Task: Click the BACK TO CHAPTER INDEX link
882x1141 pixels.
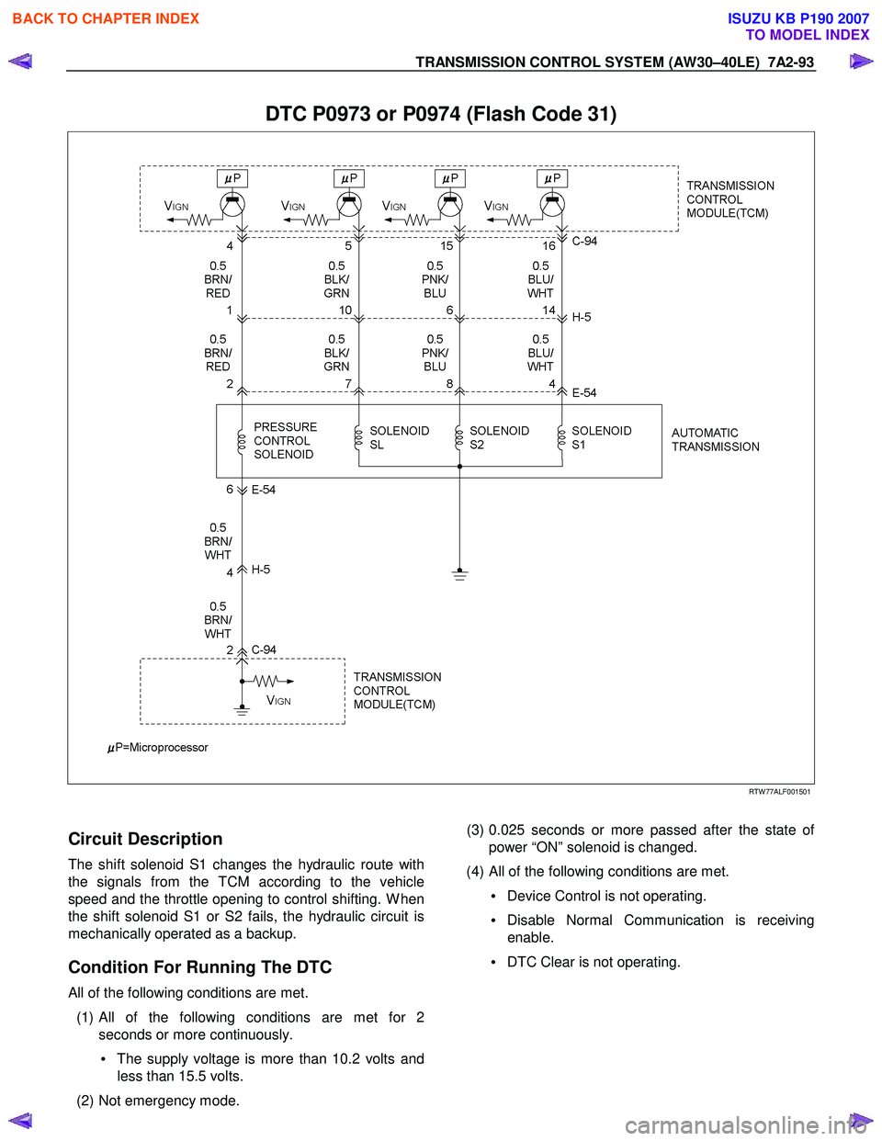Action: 106,19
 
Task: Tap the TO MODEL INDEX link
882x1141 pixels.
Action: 808,35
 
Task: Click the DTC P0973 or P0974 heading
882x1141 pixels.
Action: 441,114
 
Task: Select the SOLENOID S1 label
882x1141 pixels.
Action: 601,437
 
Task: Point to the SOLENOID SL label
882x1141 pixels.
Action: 400,437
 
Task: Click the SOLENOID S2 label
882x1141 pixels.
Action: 499,437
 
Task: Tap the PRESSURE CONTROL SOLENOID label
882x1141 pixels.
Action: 286,441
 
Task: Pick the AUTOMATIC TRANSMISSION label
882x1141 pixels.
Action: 716,439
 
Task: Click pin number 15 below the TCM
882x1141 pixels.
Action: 447,245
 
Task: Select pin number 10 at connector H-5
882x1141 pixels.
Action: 345,311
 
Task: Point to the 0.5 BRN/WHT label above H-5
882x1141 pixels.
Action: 218,541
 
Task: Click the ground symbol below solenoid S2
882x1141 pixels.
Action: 459,574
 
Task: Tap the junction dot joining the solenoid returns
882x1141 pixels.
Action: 459,467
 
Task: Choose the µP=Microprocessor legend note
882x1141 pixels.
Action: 157,747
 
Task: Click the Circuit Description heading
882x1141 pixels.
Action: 145,839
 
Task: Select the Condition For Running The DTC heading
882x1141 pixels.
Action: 200,966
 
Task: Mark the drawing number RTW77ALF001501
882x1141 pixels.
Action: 779,791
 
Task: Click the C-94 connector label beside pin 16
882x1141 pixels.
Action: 584,241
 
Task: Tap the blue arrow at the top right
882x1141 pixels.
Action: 861,62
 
